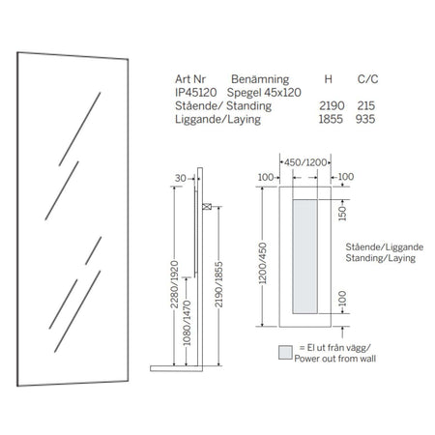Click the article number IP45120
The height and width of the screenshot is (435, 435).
pyautogui.click(x=195, y=93)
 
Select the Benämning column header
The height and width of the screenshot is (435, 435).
pyautogui.click(x=260, y=79)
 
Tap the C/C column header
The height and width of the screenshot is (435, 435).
pyautogui.click(x=367, y=79)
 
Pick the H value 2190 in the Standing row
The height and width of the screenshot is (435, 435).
pyautogui.click(x=332, y=105)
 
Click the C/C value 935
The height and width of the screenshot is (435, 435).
pyautogui.click(x=365, y=119)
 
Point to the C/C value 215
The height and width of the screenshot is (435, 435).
pyautogui.click(x=365, y=105)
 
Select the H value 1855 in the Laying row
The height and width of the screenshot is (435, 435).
pyautogui.click(x=331, y=119)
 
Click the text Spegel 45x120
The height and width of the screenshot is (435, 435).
pyautogui.click(x=264, y=93)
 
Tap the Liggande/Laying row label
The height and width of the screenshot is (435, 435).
pyautogui.click(x=217, y=120)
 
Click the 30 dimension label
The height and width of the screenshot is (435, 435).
pyautogui.click(x=181, y=178)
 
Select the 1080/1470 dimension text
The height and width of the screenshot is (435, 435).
pyautogui.click(x=187, y=323)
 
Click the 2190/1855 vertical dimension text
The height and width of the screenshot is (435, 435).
pyautogui.click(x=218, y=284)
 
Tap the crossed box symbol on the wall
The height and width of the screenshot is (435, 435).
pyautogui.click(x=207, y=207)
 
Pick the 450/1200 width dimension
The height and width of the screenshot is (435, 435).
pyautogui.click(x=305, y=162)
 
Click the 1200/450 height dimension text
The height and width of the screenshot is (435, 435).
pyautogui.click(x=263, y=263)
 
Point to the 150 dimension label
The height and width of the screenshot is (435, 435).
pyautogui.click(x=342, y=213)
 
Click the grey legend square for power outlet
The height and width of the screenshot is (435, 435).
pyautogui.click(x=285, y=353)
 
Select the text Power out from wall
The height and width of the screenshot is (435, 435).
pyautogui.click(x=335, y=359)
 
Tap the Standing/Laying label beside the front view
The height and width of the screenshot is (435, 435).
pyautogui.click(x=381, y=258)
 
